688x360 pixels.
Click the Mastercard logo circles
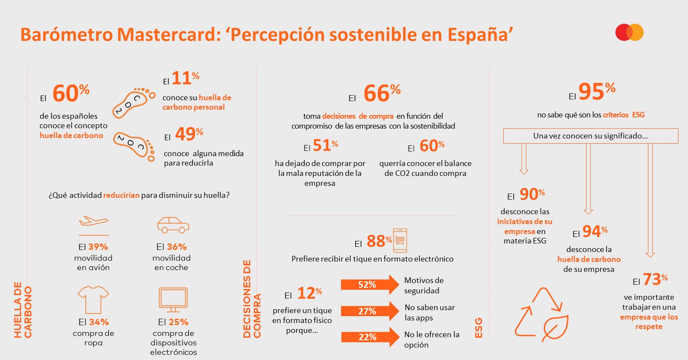click(629, 32)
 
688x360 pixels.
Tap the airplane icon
click(93, 222)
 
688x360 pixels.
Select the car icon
click(173, 225)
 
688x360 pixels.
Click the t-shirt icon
click(93, 299)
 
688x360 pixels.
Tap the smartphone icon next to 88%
click(400, 240)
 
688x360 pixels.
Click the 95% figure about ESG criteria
click(596, 91)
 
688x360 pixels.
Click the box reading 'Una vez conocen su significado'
click(590, 136)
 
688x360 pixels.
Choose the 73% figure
click(655, 280)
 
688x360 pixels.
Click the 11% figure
click(185, 78)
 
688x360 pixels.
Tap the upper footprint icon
click(133, 102)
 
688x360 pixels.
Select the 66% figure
click(381, 93)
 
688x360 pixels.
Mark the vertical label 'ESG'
click(478, 328)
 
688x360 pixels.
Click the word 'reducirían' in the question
click(121, 195)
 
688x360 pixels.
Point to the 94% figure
click(595, 232)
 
